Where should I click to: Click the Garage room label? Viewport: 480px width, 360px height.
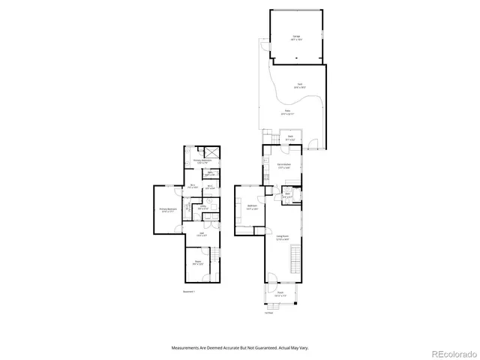296,38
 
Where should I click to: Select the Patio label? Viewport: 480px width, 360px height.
287,113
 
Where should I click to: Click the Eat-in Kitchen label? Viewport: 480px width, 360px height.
285,166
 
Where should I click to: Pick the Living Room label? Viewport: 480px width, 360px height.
283,238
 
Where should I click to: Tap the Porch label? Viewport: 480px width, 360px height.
280,294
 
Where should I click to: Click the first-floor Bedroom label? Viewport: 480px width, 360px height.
252,207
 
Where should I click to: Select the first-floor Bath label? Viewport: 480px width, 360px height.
287,196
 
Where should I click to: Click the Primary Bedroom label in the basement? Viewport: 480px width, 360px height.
166,210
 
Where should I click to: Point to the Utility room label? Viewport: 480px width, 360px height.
202,207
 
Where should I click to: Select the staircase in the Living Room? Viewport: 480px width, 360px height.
293,263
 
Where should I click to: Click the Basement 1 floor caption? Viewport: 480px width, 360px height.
188,291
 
